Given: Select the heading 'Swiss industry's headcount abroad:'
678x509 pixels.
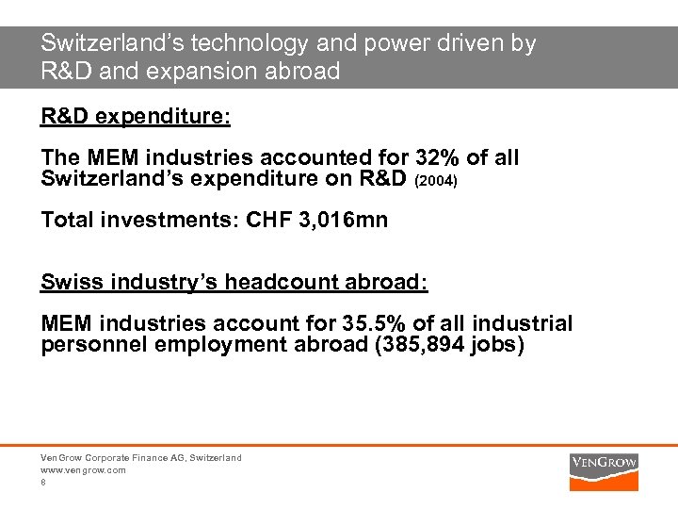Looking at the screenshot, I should tap(234, 282).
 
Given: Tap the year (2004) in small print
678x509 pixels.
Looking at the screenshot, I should tap(436, 178).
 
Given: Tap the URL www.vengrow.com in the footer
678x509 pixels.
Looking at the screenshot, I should tap(83, 469).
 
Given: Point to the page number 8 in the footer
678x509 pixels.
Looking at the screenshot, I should tap(43, 482).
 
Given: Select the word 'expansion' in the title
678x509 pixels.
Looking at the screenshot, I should tap(212, 72).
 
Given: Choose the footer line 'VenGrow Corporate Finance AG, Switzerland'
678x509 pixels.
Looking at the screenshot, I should tap(141, 457).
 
